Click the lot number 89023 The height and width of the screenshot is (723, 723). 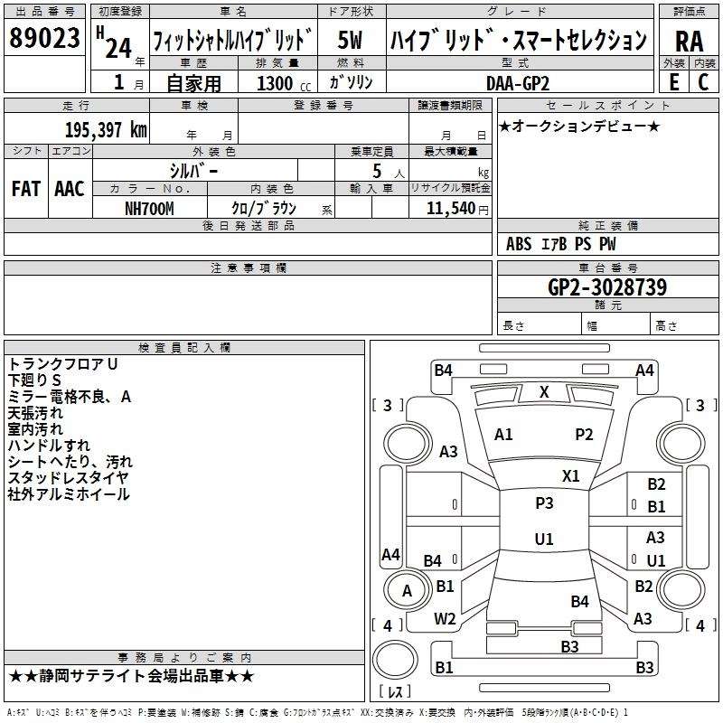[45, 39]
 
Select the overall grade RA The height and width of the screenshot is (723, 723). [689, 41]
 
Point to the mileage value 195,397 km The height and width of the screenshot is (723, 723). [106, 130]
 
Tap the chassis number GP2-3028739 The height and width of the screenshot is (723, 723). [607, 287]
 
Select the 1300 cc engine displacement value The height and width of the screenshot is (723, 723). [275, 83]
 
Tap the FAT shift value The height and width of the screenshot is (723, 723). [25, 188]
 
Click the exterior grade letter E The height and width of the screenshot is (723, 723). [673, 82]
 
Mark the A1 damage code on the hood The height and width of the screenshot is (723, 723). [503, 435]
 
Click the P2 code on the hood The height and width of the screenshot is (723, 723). [584, 435]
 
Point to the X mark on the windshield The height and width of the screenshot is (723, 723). [544, 392]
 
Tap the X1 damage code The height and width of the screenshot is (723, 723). [571, 475]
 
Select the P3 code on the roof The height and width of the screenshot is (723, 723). [544, 503]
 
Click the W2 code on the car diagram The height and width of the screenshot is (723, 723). [445, 619]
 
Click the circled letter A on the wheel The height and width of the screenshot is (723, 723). [407, 591]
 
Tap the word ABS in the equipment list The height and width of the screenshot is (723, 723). [519, 243]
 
